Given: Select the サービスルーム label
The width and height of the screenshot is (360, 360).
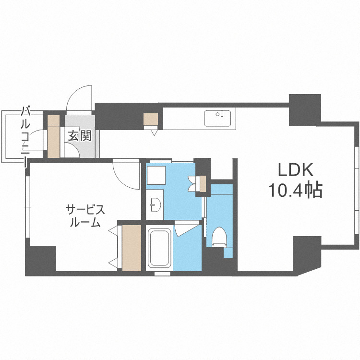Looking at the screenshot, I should [85, 216].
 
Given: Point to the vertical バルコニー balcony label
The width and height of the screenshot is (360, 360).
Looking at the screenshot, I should [24, 137].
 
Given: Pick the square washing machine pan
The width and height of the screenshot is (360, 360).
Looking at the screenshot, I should [155, 176].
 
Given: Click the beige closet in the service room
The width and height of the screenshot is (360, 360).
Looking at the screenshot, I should [132, 248].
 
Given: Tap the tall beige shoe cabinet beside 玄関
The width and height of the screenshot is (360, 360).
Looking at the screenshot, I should [53, 136].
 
